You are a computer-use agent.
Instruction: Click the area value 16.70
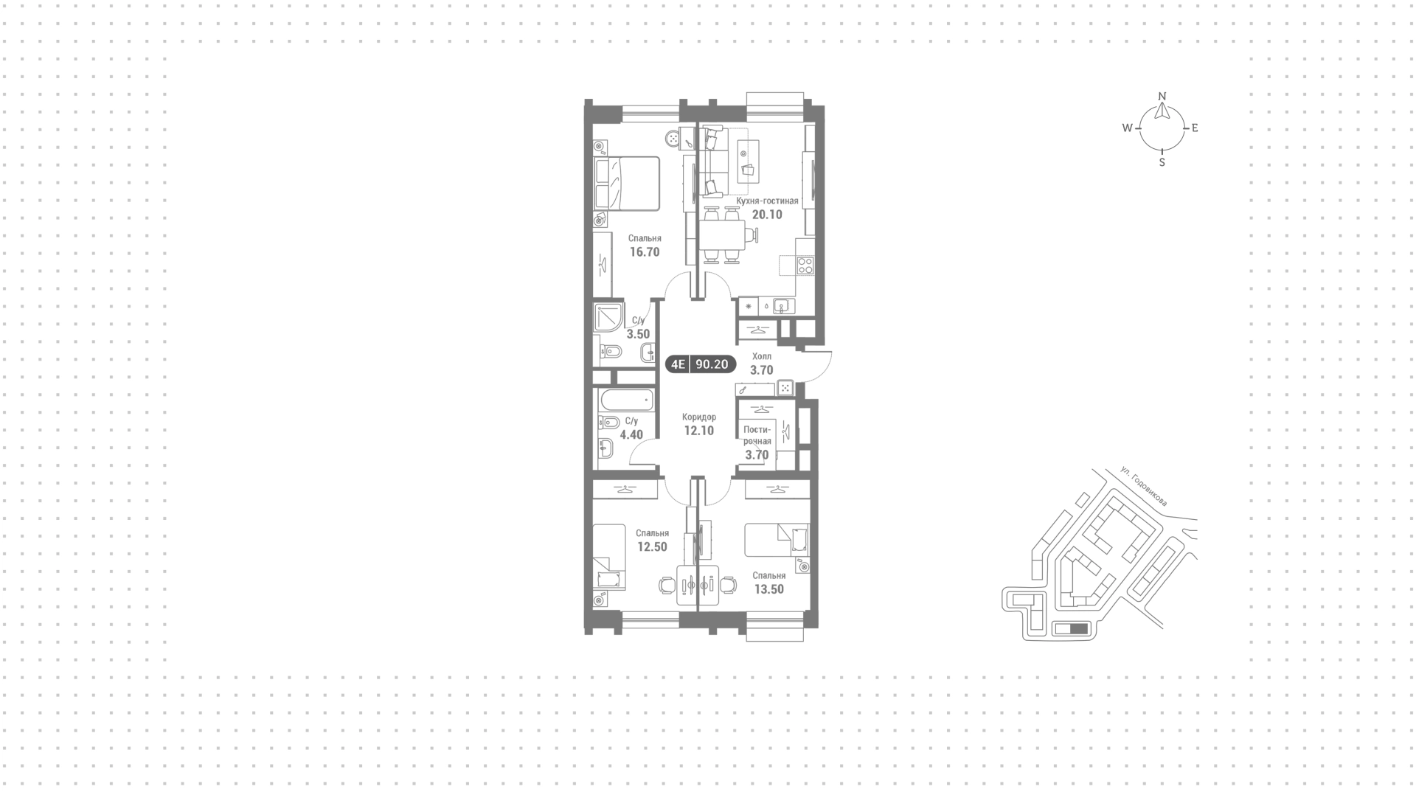(x=645, y=251)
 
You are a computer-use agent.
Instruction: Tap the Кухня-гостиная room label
(x=767, y=201)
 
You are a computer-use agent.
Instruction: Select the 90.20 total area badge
(x=712, y=364)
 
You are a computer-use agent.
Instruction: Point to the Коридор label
(x=699, y=417)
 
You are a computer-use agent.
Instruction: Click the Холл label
(x=761, y=356)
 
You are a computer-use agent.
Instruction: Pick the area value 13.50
(x=768, y=589)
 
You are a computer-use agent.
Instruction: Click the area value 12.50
(x=652, y=546)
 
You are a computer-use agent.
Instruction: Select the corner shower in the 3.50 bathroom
(x=609, y=319)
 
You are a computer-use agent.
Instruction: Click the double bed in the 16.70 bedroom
(x=627, y=183)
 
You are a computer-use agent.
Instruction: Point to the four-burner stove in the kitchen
(x=805, y=265)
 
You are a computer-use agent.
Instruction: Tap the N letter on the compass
(x=1162, y=96)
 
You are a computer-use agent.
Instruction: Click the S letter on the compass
(x=1162, y=162)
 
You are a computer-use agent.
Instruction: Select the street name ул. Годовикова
(x=1143, y=486)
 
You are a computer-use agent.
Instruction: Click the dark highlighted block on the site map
(x=1077, y=629)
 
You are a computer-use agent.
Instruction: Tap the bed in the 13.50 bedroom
(x=777, y=540)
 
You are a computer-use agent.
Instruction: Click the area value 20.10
(x=767, y=215)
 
